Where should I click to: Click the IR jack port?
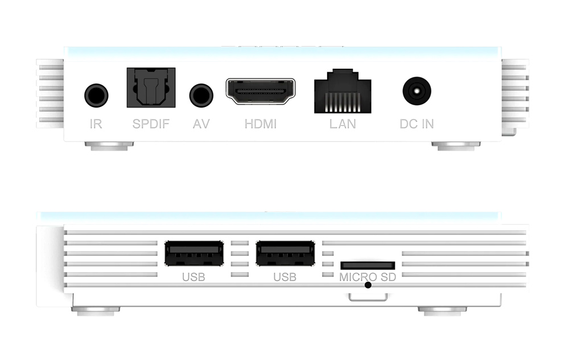click(x=96, y=95)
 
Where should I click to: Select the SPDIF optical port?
click(x=150, y=88)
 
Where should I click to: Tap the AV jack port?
click(x=201, y=95)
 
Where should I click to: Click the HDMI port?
click(x=261, y=92)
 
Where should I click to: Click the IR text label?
click(x=96, y=123)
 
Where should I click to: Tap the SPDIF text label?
click(x=151, y=123)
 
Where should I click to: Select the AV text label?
click(x=201, y=123)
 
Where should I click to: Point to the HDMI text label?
click(x=261, y=123)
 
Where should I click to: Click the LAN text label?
click(x=343, y=123)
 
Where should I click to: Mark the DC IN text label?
click(x=417, y=123)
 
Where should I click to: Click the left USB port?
click(x=193, y=254)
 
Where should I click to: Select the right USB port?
click(x=285, y=254)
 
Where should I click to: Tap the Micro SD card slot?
click(x=368, y=265)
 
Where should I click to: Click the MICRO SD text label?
click(x=368, y=277)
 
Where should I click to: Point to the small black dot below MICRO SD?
click(x=368, y=284)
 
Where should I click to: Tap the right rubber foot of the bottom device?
click(x=442, y=310)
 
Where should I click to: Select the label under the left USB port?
click(x=193, y=278)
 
